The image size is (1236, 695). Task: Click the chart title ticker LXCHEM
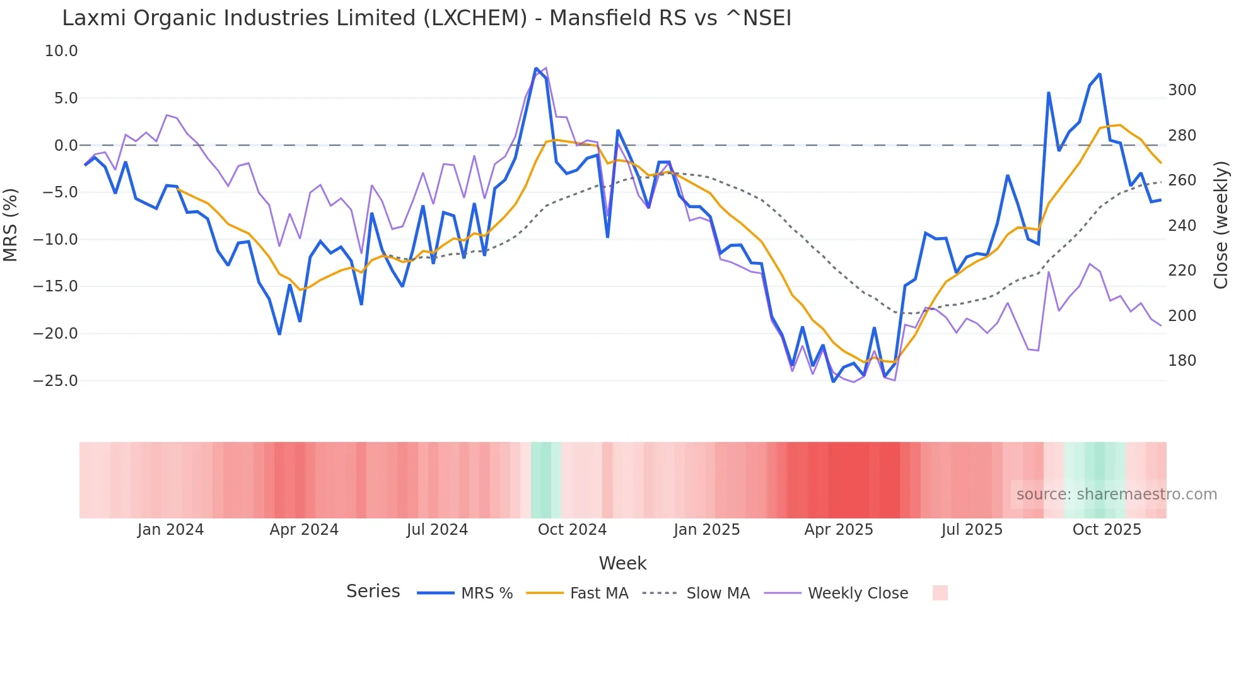pos(474,18)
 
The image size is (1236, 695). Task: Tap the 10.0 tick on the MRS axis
pos(61,51)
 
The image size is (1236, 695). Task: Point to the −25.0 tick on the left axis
pos(55,381)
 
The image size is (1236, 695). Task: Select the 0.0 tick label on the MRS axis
pos(66,146)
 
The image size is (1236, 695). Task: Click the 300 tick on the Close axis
pos(1182,90)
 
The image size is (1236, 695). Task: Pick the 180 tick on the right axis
pos(1182,361)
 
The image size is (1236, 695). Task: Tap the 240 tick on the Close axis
pos(1182,225)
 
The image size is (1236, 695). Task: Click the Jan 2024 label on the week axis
pos(170,530)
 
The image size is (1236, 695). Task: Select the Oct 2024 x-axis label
pos(572,530)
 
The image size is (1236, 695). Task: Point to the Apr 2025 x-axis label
pos(839,530)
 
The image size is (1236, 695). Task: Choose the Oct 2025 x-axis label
pos(1107,530)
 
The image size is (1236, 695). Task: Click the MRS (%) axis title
pos(11,225)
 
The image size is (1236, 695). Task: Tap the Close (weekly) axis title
pos(1221,225)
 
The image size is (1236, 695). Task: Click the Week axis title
pos(622,563)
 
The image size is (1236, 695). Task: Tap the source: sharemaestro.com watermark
pos(1116,494)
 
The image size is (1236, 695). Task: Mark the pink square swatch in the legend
pos(940,593)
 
